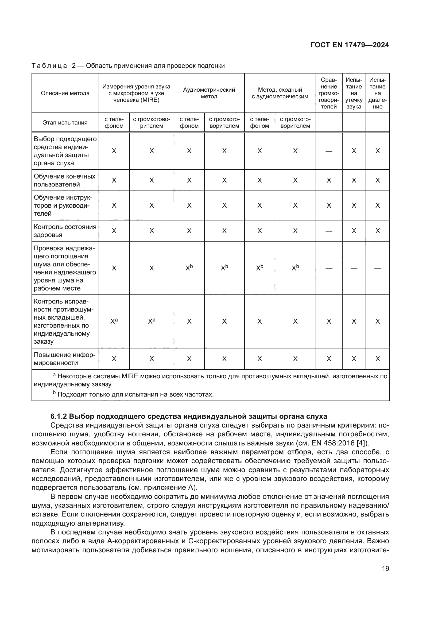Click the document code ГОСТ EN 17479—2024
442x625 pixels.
[350, 45]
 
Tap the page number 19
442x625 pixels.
[385, 568]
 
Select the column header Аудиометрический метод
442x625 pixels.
[209, 93]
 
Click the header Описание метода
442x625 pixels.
[65, 93]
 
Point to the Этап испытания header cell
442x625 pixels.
[65, 122]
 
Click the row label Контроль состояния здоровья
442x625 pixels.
[65, 231]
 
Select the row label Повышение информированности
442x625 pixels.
[64, 359]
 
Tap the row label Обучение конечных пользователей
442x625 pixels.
[64, 180]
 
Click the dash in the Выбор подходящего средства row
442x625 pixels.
[329, 151]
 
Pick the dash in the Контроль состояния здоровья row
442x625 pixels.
[329, 231]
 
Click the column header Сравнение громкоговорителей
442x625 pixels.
[329, 93]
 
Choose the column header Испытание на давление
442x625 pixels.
[378, 93]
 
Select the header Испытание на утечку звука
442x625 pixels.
[354, 93]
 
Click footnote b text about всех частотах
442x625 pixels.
[135, 394]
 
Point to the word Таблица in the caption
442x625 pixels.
[49, 66]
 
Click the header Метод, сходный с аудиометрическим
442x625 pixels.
[280, 93]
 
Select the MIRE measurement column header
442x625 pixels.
[136, 93]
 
